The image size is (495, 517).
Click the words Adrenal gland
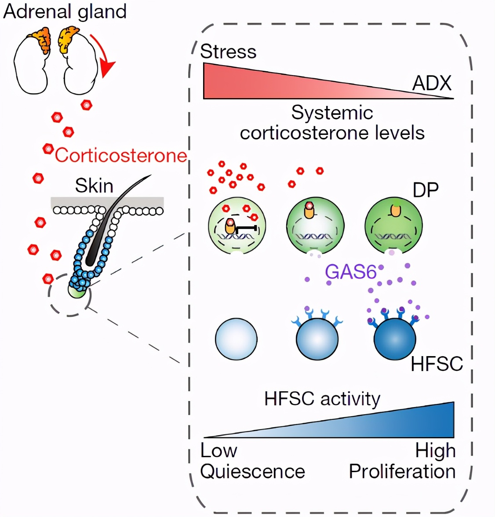pos(65,11)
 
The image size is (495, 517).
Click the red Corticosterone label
pos(121,155)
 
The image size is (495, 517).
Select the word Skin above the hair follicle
pos(94,186)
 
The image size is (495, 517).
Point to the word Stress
pos(228,51)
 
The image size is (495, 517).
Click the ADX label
pos(432,83)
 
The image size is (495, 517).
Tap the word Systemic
pos(332,113)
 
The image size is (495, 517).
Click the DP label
pos(426,190)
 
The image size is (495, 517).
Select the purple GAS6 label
pos(351,272)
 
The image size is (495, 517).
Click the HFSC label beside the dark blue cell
pos(437,364)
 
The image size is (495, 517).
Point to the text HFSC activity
pos(322,399)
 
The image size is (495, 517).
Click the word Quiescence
pos(252,472)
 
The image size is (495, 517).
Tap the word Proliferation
pos(402,472)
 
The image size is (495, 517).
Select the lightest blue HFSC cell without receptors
pos(236,339)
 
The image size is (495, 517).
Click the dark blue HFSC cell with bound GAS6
pos(394,339)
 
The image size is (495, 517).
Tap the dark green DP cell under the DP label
pos(393,227)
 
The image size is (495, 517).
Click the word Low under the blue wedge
pos(218,451)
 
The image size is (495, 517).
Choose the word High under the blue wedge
pos(435,451)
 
